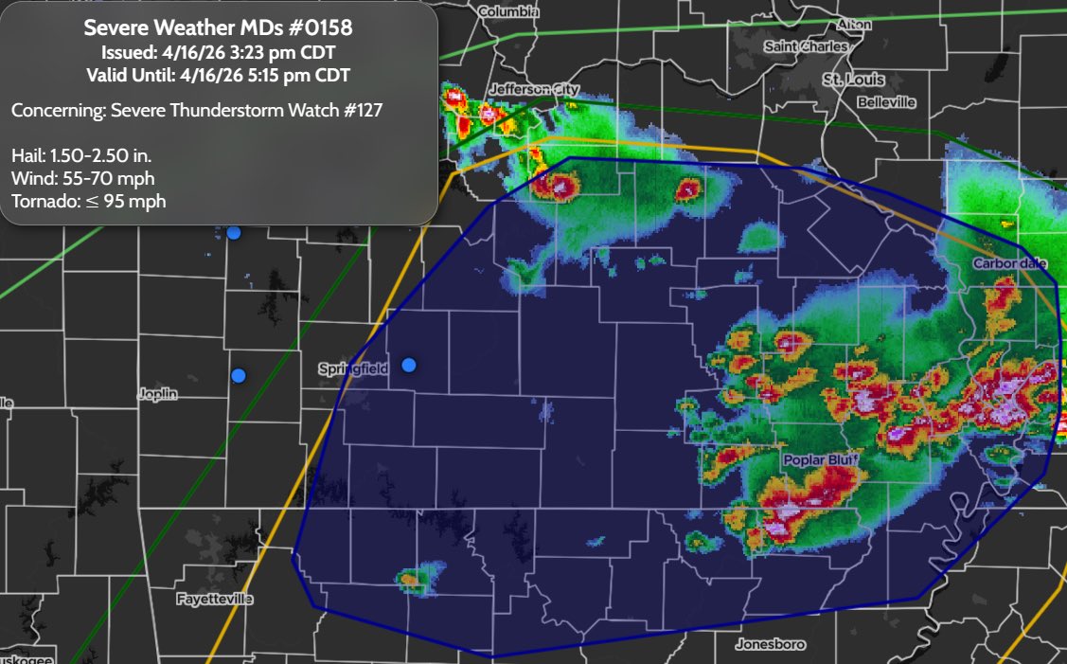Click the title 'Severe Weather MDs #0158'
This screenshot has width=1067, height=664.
click(x=219, y=28)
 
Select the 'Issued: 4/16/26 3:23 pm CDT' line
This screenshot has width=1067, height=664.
click(x=219, y=53)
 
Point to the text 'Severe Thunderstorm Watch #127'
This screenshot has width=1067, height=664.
click(x=246, y=110)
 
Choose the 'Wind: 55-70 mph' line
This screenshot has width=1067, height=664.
click(x=82, y=178)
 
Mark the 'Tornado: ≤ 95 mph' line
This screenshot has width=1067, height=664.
click(x=88, y=201)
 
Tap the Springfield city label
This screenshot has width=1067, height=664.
click(x=352, y=369)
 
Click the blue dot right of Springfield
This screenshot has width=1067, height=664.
click(x=409, y=365)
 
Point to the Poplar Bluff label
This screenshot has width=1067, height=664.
click(x=819, y=459)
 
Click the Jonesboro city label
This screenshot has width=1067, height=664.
click(x=770, y=644)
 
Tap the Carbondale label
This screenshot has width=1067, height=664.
click(x=1010, y=262)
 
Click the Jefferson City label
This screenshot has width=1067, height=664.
click(x=533, y=89)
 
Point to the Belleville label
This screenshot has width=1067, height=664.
click(x=886, y=101)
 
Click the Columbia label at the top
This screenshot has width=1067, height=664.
click(x=508, y=12)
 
